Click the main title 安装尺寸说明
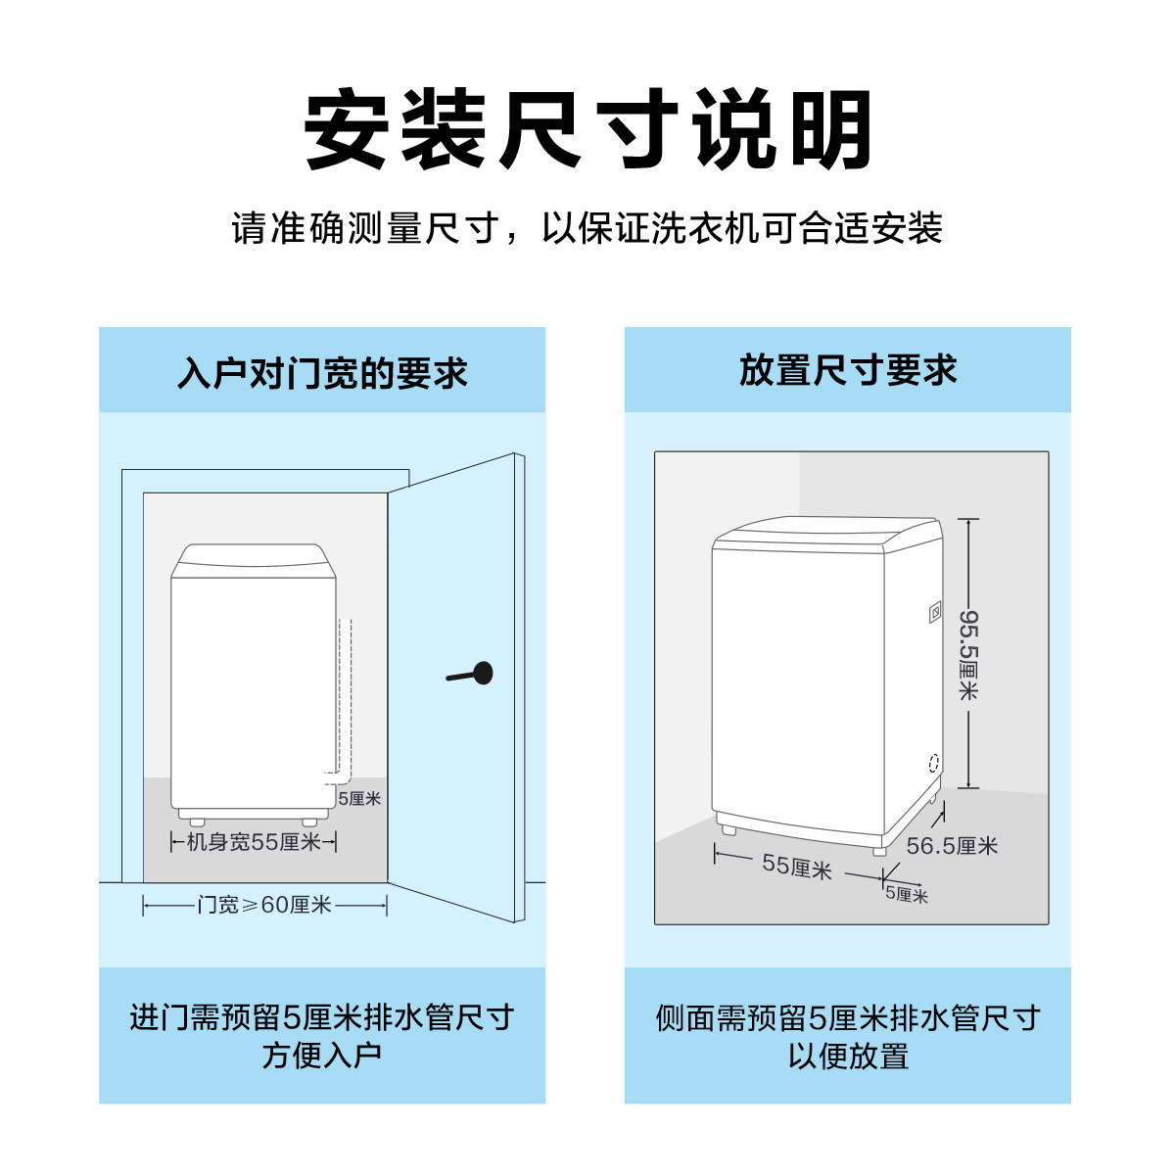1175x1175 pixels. tap(587, 130)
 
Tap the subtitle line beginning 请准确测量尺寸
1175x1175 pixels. tap(587, 229)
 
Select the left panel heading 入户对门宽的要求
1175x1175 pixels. tap(322, 373)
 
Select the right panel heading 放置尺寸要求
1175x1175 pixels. tap(848, 371)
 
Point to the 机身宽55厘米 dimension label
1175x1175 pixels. tap(254, 842)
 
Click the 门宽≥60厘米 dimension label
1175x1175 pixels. tap(264, 906)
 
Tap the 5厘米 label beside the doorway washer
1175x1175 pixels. tap(359, 799)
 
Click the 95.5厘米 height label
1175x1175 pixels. tap(967, 654)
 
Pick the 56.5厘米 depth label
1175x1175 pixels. tap(951, 846)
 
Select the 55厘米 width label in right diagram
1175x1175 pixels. tap(796, 867)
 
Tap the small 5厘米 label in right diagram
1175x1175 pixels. tap(907, 894)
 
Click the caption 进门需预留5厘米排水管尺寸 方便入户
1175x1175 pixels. tap(322, 1036)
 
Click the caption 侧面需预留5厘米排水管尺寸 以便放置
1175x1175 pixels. tap(848, 1036)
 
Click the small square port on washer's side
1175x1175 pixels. tap(935, 613)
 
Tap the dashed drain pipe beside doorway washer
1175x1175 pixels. tap(345, 695)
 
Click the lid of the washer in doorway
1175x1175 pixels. tap(250, 560)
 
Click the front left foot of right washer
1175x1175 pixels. tap(728, 828)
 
